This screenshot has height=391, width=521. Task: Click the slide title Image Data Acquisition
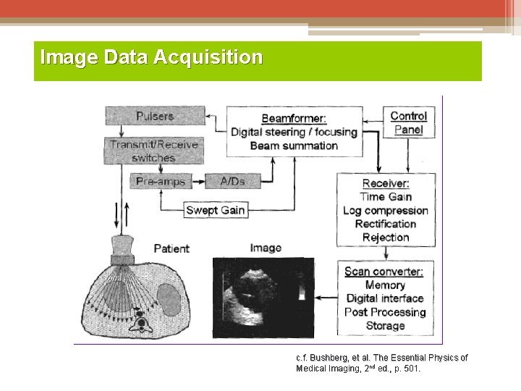(151, 56)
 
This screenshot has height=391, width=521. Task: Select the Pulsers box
(154, 116)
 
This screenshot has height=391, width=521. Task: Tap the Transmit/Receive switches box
(153, 151)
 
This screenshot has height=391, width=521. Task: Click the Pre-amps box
(160, 181)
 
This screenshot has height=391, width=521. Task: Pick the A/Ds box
(232, 181)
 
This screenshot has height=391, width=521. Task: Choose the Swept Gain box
(215, 210)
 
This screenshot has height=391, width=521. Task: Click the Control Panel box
(408, 122)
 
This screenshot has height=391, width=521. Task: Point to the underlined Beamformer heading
(294, 118)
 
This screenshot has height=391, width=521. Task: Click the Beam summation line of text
(294, 146)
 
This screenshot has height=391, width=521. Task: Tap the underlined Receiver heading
(386, 183)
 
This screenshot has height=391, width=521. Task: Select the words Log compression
(386, 211)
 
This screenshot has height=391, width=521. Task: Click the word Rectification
(386, 224)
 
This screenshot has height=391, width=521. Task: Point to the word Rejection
(386, 237)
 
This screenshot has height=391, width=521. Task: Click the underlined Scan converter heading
(384, 272)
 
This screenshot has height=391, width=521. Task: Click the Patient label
(171, 248)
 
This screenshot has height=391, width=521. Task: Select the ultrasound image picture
(263, 297)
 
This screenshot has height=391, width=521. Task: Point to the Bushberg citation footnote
(381, 363)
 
